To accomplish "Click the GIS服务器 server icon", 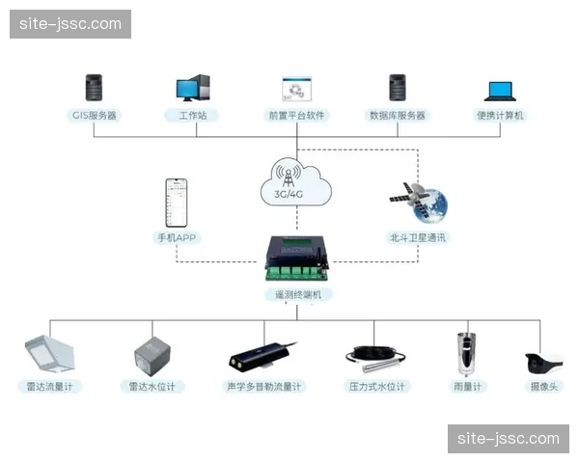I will pos(95,88).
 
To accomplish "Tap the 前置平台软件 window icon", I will pos(295,89).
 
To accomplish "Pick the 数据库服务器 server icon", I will pos(397,88).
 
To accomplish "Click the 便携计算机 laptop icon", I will pos(500,91).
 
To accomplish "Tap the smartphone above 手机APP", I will pos(177,202).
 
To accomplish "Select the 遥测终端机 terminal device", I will pos(297,259).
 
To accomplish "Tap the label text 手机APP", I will pos(177,237).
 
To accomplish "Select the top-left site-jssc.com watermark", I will pos(69,23).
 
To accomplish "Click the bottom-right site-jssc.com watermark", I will pos(509,439).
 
